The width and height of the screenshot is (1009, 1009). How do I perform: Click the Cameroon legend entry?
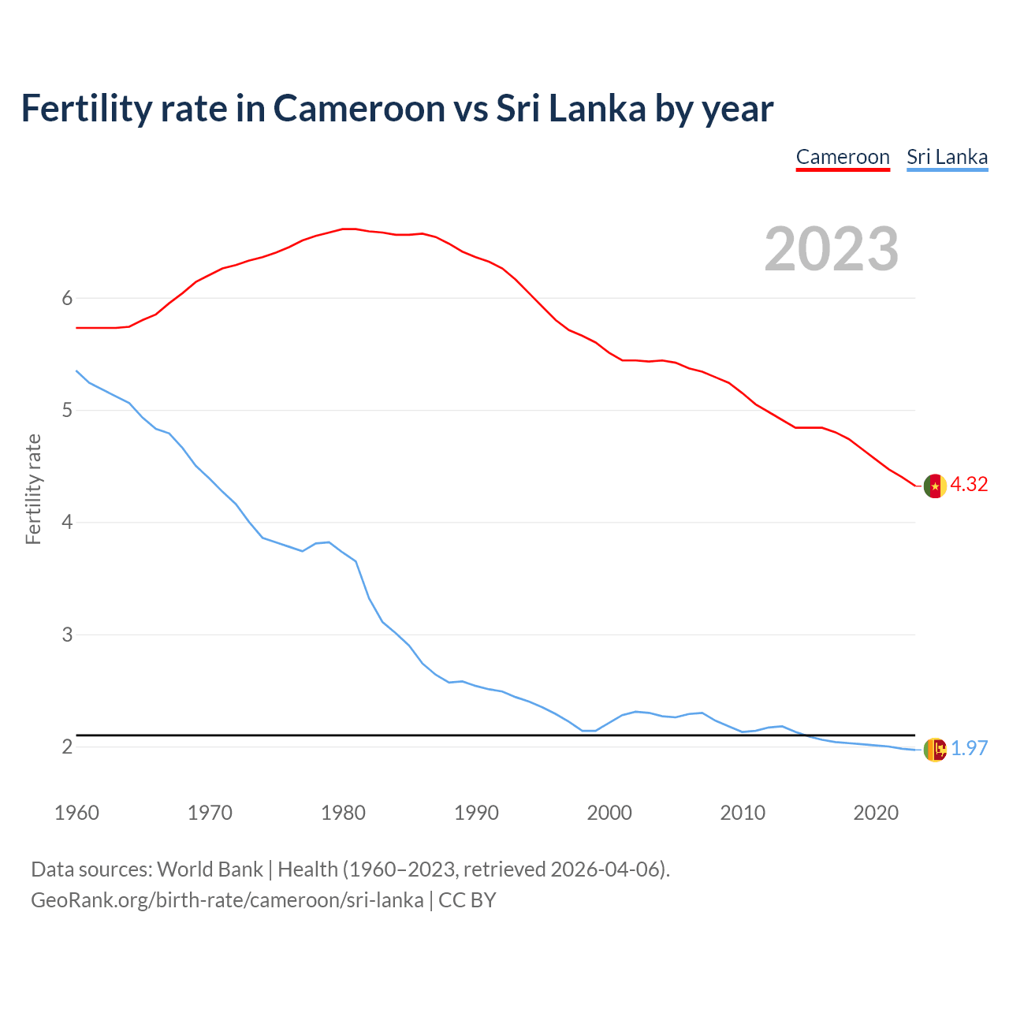(843, 157)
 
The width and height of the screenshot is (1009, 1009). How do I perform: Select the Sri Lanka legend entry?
(947, 157)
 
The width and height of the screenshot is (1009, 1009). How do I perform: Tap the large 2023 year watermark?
(831, 249)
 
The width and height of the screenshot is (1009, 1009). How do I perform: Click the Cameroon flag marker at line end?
(935, 486)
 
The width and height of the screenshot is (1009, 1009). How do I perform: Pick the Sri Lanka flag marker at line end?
(935, 749)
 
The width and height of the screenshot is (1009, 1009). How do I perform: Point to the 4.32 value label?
(969, 485)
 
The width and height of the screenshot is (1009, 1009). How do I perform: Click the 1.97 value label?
(969, 748)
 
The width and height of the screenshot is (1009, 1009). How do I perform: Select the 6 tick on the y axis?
(67, 298)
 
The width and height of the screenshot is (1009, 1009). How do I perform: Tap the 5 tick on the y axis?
(67, 410)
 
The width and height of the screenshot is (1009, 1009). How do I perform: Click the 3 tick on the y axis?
(67, 635)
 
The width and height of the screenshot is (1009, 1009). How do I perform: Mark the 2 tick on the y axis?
(67, 747)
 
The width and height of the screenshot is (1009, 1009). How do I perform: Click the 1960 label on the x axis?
(76, 813)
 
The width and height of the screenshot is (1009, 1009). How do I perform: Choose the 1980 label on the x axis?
(343, 813)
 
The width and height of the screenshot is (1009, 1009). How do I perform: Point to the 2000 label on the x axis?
(609, 813)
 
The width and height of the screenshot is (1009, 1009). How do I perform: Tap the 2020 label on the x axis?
(876, 813)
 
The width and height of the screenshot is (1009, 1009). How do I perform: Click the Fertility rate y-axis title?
(33, 489)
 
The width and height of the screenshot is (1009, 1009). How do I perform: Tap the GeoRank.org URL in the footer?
(227, 900)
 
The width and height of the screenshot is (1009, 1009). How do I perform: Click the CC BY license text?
(467, 900)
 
